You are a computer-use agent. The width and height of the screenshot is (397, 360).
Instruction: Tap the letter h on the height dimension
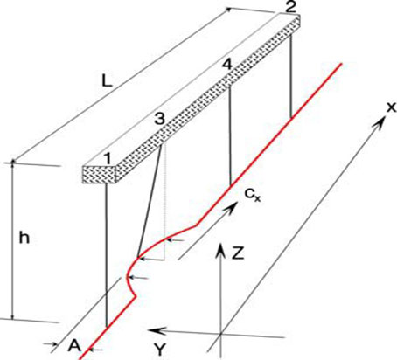pyautogui.click(x=24, y=238)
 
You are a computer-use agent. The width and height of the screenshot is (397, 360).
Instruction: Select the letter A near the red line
pyautogui.click(x=74, y=346)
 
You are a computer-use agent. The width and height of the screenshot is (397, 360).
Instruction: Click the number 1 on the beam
pyautogui.click(x=108, y=158)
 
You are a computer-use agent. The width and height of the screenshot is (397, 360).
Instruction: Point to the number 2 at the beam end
pyautogui.click(x=289, y=7)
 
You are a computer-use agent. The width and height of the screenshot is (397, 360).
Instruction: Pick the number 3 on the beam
pyautogui.click(x=159, y=119)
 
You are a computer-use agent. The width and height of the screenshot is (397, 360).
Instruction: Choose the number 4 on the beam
pyautogui.click(x=227, y=65)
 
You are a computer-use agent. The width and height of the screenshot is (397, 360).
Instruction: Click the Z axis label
pyautogui.click(x=238, y=253)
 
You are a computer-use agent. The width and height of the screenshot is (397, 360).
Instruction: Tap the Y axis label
pyautogui.click(x=160, y=350)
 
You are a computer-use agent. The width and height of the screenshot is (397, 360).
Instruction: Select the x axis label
pyautogui.click(x=391, y=107)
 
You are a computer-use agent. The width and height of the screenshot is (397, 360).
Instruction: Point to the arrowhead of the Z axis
pyautogui.click(x=221, y=251)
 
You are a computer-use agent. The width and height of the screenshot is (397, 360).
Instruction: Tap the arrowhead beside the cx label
pyautogui.click(x=232, y=208)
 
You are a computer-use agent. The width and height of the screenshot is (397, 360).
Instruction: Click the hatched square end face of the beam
pyautogui.click(x=100, y=175)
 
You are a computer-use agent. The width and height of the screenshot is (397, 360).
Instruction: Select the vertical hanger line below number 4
pyautogui.click(x=230, y=136)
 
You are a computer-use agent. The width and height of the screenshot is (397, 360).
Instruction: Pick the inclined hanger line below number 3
pyautogui.click(x=150, y=202)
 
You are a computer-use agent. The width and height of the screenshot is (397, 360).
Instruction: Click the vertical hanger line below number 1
pyautogui.click(x=107, y=255)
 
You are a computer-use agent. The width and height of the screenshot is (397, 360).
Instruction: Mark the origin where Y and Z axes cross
pyautogui.click(x=221, y=333)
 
